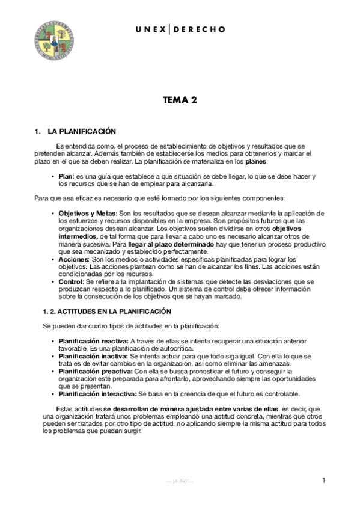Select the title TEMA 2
tap(180, 100)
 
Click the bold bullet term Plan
tap(66, 176)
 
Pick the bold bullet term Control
tap(72, 281)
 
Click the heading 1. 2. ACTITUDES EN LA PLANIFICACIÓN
tap(107, 311)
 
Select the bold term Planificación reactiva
tap(93, 341)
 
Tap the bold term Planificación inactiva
tap(93, 356)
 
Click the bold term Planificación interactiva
tap(97, 394)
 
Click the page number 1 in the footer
tap(323, 481)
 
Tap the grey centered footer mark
tap(180, 482)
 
